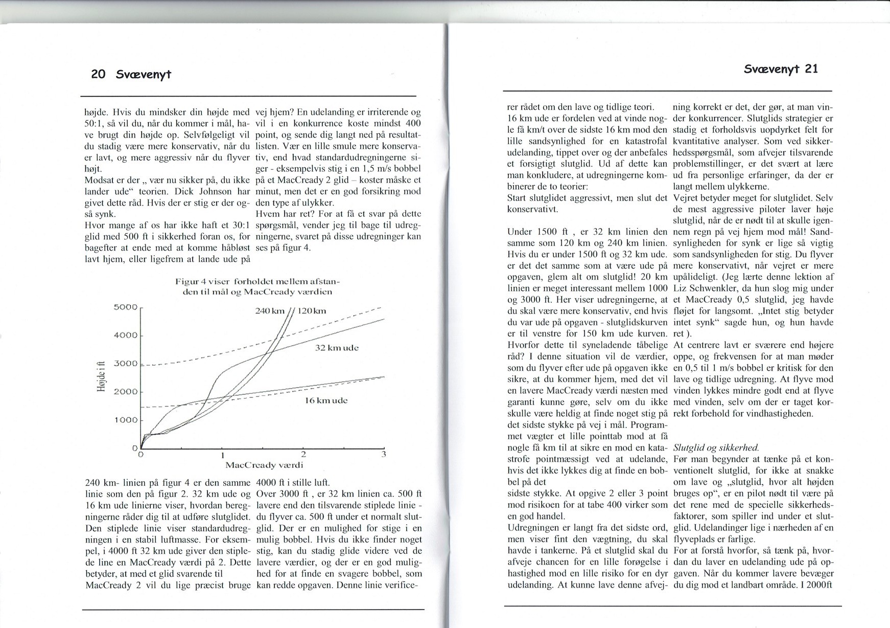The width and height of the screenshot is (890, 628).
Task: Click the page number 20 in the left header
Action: pos(98,74)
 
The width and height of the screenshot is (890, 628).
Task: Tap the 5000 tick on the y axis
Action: pos(126,307)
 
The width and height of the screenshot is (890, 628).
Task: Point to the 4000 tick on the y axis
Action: pos(126,335)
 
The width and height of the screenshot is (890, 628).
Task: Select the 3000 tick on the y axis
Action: pos(126,364)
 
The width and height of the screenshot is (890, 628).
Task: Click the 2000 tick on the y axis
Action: pos(126,392)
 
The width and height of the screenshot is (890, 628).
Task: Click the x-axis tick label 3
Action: pos(384,454)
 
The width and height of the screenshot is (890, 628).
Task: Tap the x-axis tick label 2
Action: pos(303,454)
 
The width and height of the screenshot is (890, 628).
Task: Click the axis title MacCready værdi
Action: pos(264,465)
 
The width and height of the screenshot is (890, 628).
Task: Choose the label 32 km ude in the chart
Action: pos(337,348)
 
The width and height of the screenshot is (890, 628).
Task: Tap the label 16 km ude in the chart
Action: pos(326,400)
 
